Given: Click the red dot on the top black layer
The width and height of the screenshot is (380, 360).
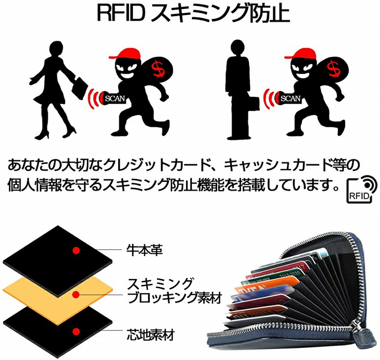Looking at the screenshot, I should pyautogui.click(x=74, y=249).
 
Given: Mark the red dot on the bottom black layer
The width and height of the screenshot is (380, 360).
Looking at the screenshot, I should pyautogui.click(x=74, y=329).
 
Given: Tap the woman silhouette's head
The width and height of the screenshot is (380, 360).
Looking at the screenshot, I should pyautogui.click(x=53, y=49).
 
